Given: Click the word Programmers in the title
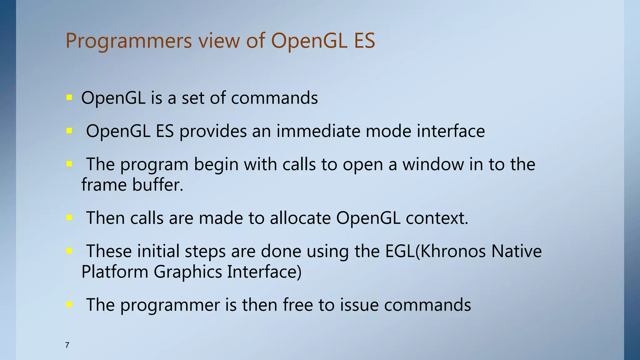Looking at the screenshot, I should click(128, 41).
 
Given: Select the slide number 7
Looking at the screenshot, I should click(67, 345).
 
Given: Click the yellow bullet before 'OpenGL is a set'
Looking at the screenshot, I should click(69, 98).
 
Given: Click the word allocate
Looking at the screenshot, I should click(300, 218).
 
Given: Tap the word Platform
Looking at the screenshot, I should click(115, 272).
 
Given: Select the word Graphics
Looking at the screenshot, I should click(188, 272).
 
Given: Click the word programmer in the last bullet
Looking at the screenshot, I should click(170, 305).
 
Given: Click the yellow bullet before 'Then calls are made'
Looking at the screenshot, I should click(69, 217).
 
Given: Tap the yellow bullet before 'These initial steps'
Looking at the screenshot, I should click(69, 251).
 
